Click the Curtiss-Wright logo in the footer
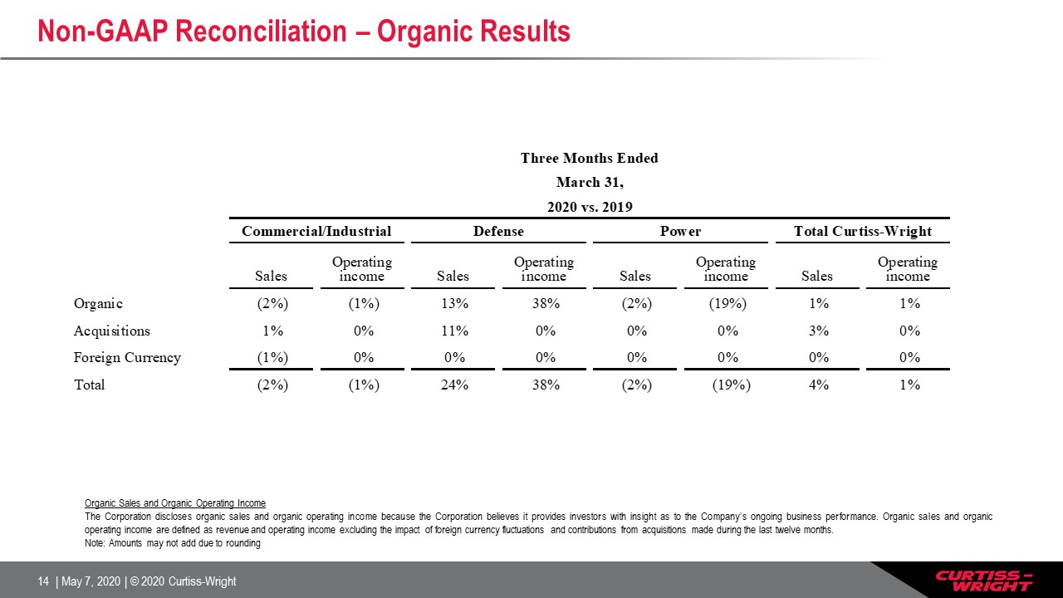[984, 581]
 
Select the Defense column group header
[498, 231]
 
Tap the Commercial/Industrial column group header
[316, 231]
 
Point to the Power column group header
[680, 231]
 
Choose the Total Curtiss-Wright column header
[863, 231]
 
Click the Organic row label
[98, 303]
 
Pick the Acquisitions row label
[112, 331]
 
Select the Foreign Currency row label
[127, 357]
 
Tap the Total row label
[89, 385]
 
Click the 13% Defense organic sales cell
[454, 303]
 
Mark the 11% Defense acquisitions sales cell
[454, 331]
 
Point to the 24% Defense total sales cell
[454, 385]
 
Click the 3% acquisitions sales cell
[819, 331]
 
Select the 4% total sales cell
[819, 385]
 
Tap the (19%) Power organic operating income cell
[727, 303]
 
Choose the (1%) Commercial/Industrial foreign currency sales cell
[272, 357]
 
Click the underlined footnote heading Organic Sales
[175, 503]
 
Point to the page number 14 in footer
[43, 581]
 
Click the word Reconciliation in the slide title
[261, 32]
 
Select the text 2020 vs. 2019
[590, 207]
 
